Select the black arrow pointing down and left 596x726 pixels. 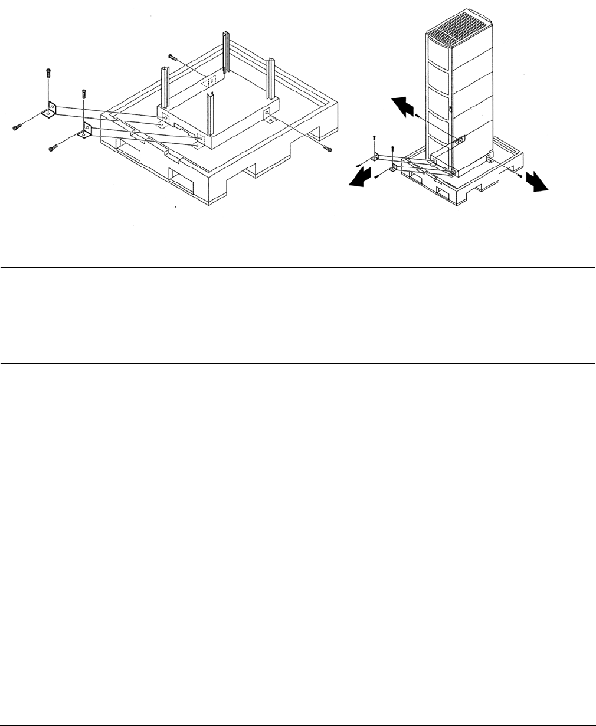(x=360, y=178)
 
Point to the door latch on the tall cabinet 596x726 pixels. (x=450, y=109)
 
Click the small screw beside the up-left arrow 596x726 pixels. (x=418, y=116)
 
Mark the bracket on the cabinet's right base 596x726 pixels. (x=490, y=159)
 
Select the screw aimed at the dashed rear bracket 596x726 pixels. (x=172, y=57)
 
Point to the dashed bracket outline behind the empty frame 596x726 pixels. (x=210, y=81)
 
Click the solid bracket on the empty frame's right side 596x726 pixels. (x=267, y=114)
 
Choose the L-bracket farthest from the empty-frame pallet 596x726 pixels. (x=49, y=110)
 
